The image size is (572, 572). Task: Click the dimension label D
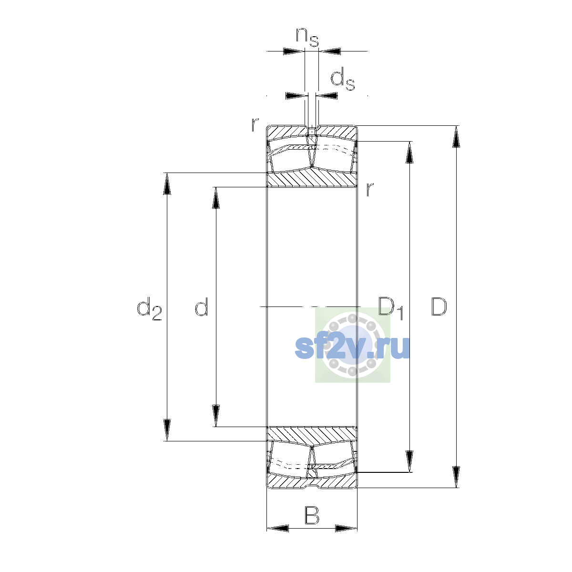(x=439, y=306)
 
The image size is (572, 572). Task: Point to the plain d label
(x=202, y=306)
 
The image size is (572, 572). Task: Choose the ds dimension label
(x=343, y=79)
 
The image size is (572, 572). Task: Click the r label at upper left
(x=255, y=125)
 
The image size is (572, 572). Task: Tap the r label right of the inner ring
(x=370, y=189)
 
